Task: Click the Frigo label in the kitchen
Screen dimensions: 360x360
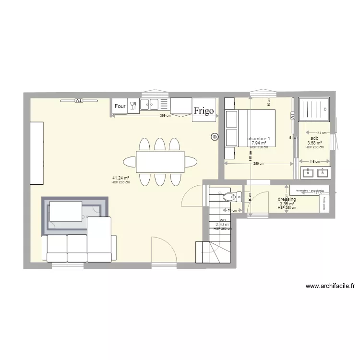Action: coord(204,111)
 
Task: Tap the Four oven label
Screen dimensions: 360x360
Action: coord(120,106)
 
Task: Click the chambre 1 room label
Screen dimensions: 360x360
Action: coord(259,139)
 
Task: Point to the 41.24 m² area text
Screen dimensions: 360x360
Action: coord(120,178)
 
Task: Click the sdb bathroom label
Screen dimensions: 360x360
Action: coord(314,138)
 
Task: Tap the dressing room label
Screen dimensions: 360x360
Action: coord(287,199)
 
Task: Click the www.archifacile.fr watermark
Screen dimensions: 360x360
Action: coord(330,286)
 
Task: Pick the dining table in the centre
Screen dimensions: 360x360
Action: coord(160,162)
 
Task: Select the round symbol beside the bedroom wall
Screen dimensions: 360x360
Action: coord(214,137)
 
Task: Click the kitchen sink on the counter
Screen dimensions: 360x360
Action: coord(151,104)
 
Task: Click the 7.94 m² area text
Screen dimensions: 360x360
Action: coord(259,143)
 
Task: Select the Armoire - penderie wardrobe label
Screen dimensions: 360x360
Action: coord(310,190)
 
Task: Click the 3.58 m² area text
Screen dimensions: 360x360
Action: coord(314,143)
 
